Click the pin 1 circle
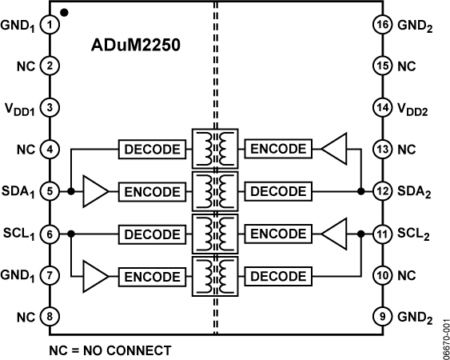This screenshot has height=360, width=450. pyautogui.click(x=50, y=24)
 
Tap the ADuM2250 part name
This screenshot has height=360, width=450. pyautogui.click(x=134, y=46)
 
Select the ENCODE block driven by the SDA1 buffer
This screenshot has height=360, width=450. pyautogui.click(x=150, y=192)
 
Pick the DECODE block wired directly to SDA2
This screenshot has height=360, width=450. pyautogui.click(x=277, y=192)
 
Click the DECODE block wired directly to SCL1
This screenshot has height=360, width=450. pyautogui.click(x=150, y=234)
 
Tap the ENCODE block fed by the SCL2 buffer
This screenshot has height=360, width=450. pyautogui.click(x=277, y=234)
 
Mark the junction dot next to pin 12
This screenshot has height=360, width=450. pyautogui.click(x=361, y=192)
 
